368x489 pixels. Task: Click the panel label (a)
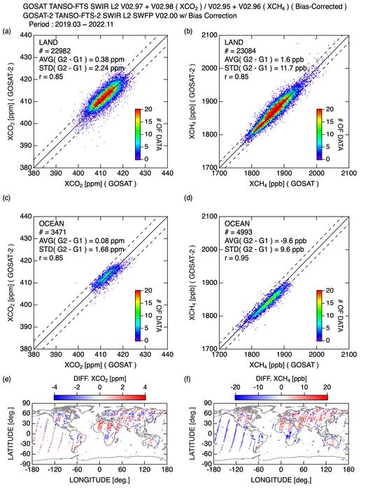pos(8,32)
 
